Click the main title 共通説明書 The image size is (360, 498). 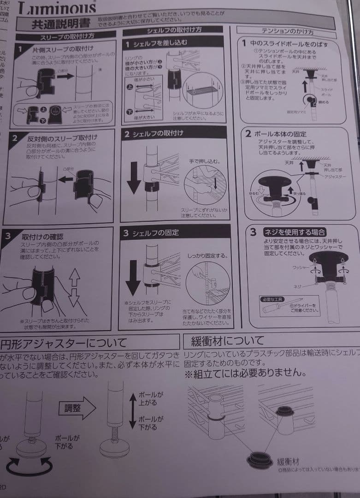coord(59,24)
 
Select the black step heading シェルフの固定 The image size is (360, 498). coord(156,233)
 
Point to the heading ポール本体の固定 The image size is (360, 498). coord(277,134)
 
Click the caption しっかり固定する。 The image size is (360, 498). coord(208,255)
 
